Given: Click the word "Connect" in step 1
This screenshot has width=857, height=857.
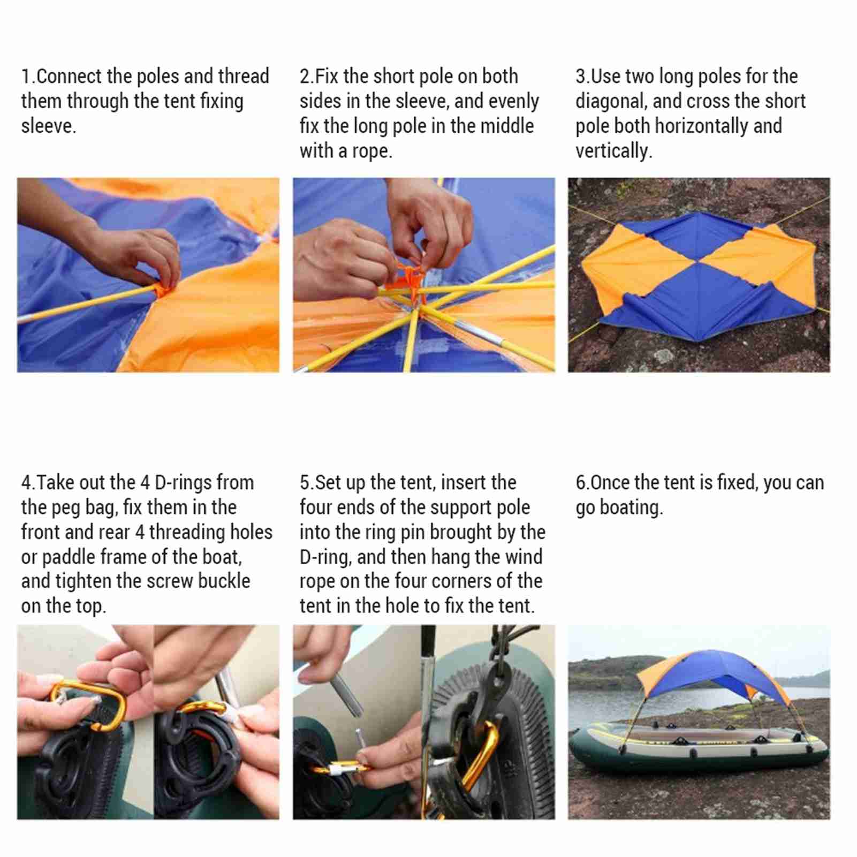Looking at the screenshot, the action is (69, 77).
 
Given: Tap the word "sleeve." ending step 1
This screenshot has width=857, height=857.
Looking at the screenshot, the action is (49, 126).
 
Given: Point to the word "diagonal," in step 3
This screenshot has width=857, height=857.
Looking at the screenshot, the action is (611, 102).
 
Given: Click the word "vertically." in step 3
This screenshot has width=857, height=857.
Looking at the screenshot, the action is (614, 151).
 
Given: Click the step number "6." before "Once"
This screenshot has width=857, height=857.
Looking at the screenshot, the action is (582, 483).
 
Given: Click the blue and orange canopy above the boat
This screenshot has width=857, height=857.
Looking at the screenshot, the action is (715, 674).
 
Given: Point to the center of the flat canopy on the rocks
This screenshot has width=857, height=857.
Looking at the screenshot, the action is (698, 263).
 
